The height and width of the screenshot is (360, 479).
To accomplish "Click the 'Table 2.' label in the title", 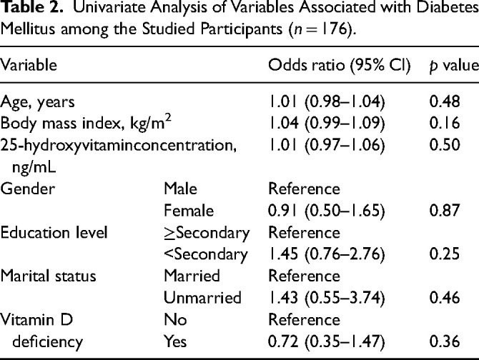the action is click(32, 8).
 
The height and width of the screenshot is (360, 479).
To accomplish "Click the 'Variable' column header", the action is click(29, 65).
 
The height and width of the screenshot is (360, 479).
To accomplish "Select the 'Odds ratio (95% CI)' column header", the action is click(339, 65).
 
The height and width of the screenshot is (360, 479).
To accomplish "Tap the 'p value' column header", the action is click(454, 66).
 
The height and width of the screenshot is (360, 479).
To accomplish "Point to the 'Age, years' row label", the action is click(37, 102).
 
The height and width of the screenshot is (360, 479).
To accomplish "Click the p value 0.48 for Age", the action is click(445, 101).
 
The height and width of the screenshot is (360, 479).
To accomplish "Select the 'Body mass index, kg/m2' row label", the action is click(86, 123).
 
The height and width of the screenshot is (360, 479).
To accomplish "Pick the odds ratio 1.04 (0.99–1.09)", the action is click(326, 124).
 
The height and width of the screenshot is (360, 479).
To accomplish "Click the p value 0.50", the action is click(445, 145).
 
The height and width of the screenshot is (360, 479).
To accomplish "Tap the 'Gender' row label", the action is click(27, 189).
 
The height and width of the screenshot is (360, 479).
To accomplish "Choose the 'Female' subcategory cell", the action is click(189, 211).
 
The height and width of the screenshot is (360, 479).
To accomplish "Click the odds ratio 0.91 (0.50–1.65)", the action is click(326, 211).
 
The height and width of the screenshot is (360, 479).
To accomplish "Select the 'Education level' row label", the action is click(54, 232).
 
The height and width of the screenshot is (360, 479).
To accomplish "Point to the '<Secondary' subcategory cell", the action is click(206, 255).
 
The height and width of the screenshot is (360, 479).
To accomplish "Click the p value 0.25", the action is click(445, 254).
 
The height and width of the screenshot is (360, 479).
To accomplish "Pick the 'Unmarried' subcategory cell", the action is click(202, 298).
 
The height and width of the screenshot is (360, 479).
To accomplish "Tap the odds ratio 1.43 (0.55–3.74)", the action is click(326, 298).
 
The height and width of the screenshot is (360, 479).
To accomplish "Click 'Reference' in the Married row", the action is click(304, 276).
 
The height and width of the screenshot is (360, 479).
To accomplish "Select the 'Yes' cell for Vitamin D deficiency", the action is click(175, 341).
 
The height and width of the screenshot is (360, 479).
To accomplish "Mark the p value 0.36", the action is click(445, 341).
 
